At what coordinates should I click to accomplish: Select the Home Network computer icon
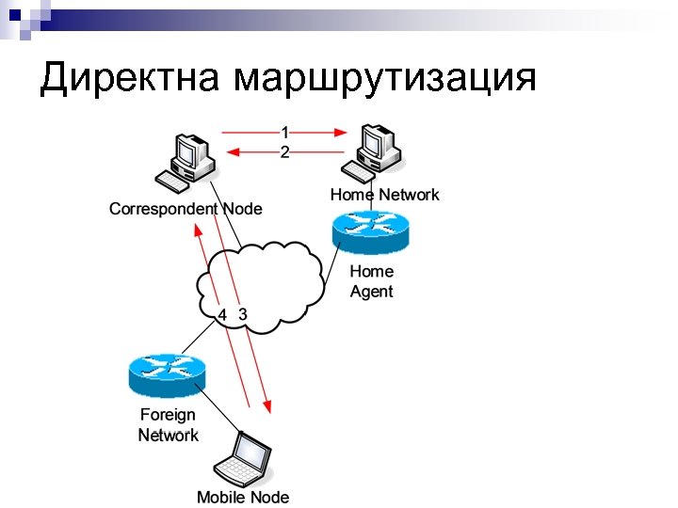click(376, 151)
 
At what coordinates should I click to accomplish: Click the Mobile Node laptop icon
click(244, 458)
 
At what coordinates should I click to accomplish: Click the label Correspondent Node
click(186, 208)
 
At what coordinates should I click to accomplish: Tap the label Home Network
click(384, 195)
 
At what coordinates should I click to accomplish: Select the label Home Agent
click(372, 281)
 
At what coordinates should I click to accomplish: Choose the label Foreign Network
click(169, 424)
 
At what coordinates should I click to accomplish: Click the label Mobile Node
click(243, 497)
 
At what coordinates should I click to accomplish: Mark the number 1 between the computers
click(284, 133)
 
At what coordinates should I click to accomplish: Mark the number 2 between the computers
click(284, 151)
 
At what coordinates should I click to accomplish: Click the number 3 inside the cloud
click(243, 313)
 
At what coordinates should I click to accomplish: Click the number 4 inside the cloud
click(222, 313)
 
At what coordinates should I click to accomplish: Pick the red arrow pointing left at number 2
click(254, 151)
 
